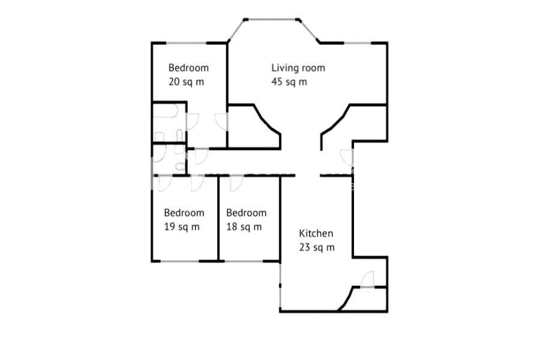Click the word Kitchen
click(x=316, y=233)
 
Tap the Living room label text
click(x=298, y=68)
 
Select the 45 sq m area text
click(x=289, y=82)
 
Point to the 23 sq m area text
click(x=317, y=247)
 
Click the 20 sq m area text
click(x=186, y=82)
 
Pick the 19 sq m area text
click(x=181, y=227)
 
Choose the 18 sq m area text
click(x=244, y=227)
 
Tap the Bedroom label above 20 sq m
click(x=188, y=68)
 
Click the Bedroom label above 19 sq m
click(x=184, y=213)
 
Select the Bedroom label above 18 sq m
click(x=246, y=213)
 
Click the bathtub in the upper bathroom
click(x=165, y=111)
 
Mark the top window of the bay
click(x=272, y=19)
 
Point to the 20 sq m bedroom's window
click(x=186, y=43)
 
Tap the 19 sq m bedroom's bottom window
click(x=180, y=262)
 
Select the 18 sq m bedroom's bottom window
click(x=244, y=262)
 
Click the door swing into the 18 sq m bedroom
click(x=236, y=184)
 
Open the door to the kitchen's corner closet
click(x=368, y=279)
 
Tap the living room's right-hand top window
click(x=358, y=43)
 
